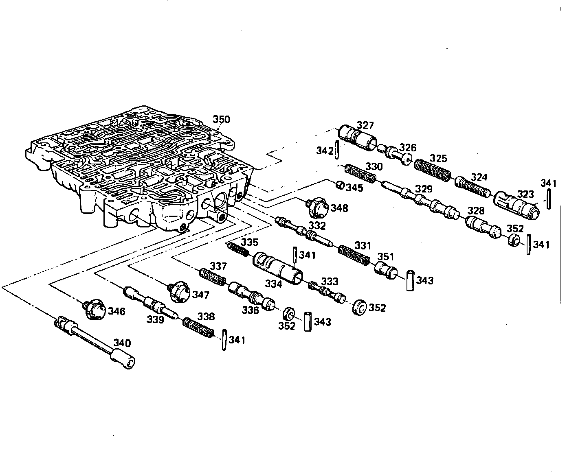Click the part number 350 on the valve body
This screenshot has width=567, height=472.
[x=222, y=120]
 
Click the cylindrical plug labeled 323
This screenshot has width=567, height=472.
[x=516, y=205]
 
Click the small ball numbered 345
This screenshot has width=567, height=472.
[x=339, y=186]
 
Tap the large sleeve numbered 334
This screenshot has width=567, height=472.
[x=278, y=267]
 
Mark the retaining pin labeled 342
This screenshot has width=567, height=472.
[x=337, y=151]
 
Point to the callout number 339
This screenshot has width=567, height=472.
[x=156, y=320]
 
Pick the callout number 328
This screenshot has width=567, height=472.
[x=476, y=211]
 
